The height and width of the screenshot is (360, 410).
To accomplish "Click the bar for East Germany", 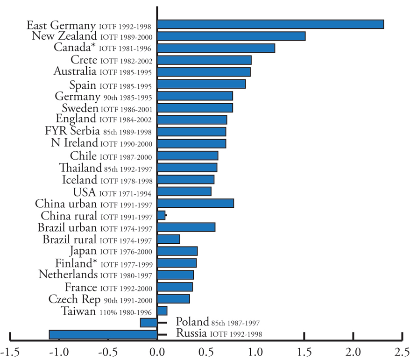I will (x=270, y=24).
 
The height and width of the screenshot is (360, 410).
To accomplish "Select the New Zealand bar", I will (x=231, y=36).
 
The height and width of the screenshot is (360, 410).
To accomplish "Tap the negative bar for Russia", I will (x=103, y=334).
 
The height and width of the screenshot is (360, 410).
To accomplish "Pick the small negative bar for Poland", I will (x=148, y=323).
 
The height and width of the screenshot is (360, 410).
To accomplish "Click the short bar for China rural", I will (x=161, y=215).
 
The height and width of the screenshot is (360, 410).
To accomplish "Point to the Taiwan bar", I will (x=162, y=311).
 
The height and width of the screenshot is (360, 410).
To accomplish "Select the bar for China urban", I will (x=195, y=203).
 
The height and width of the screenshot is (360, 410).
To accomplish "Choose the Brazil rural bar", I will (x=169, y=239).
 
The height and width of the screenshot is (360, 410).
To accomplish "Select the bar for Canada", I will (x=216, y=48).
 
